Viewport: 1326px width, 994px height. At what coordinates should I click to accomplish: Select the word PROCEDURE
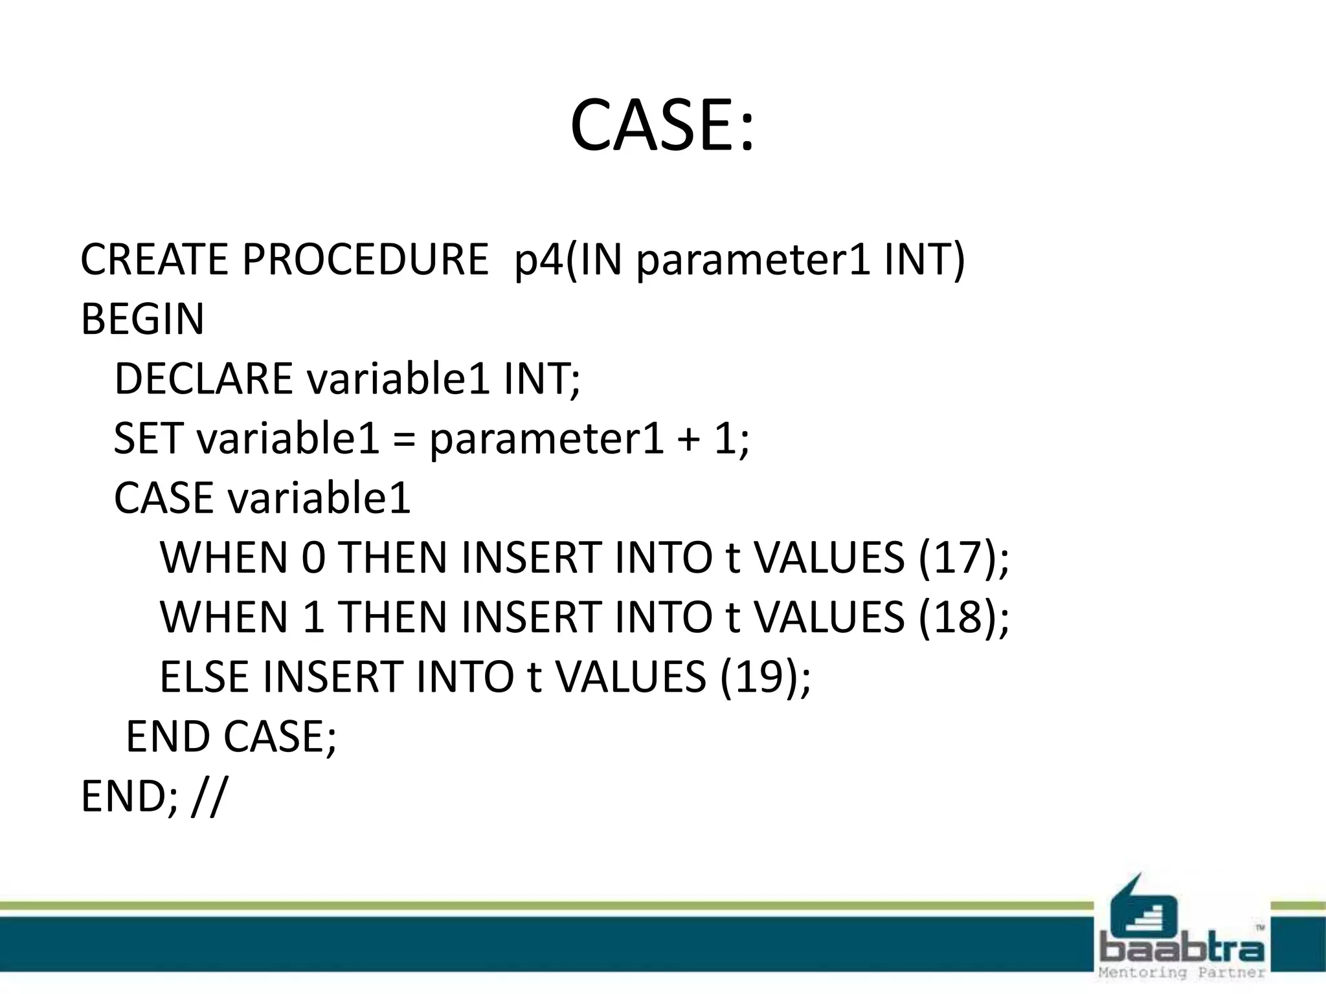click(365, 260)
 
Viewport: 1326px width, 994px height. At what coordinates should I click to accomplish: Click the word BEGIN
click(142, 319)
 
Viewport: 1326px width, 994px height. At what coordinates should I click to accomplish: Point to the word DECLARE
click(203, 379)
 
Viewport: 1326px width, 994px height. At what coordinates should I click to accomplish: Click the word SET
click(148, 438)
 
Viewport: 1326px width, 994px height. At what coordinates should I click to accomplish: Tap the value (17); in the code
click(963, 557)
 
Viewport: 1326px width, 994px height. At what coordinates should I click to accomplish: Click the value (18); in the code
click(963, 617)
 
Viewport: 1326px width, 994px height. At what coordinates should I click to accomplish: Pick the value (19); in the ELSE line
click(765, 677)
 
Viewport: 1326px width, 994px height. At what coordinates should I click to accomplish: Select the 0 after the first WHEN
click(313, 557)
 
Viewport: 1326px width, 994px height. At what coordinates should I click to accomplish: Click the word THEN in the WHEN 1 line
click(392, 617)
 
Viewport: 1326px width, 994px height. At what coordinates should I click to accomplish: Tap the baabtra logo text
click(1182, 950)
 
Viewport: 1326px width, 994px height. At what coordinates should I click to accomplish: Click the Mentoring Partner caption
click(1182, 973)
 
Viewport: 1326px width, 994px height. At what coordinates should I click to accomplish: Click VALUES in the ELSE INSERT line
click(631, 677)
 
